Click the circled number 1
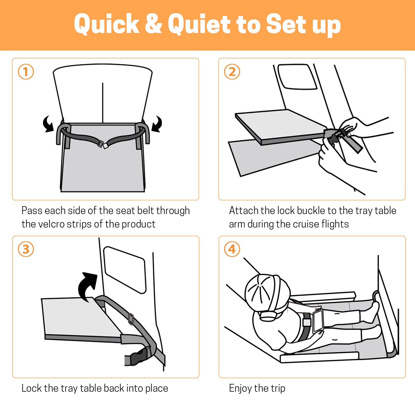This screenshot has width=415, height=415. click(26, 72)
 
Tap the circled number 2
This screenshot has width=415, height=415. click(232, 72)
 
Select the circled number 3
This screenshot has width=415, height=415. click(26, 249)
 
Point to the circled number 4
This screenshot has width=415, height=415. click(232, 249)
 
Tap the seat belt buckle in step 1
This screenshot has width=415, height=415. click(103, 144)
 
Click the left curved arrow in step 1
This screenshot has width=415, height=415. click(48, 124)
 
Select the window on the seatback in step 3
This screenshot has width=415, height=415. click(125, 270)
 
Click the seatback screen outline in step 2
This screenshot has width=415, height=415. click(297, 77)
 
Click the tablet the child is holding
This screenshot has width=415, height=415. click(318, 321)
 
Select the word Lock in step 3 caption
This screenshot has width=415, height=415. click(32, 388)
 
